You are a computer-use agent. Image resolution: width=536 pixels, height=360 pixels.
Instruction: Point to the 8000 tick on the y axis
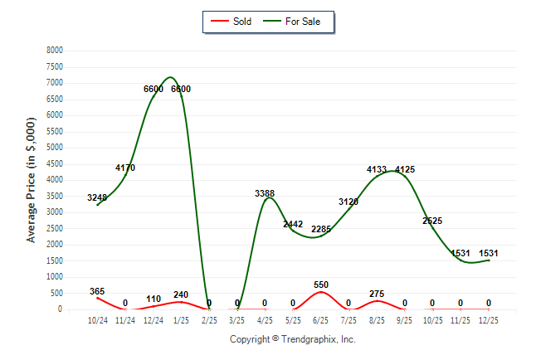tap(55, 51)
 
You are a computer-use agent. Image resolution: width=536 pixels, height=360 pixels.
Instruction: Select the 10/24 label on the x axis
tap(97, 319)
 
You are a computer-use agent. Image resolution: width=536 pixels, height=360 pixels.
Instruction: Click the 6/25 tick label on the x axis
tap(321, 319)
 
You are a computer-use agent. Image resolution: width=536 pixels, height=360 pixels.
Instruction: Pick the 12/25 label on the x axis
tap(489, 319)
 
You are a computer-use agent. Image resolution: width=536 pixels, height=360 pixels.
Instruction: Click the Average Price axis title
tap(32, 179)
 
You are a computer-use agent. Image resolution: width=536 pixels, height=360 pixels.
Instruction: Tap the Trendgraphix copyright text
tap(292, 339)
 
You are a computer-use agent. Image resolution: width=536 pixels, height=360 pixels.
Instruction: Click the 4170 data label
tap(125, 168)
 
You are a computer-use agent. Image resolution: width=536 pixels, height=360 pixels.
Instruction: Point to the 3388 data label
tap(265, 193)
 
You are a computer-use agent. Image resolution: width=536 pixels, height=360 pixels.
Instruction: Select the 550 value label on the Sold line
tap(321, 285)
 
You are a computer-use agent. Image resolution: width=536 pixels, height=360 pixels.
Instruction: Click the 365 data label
tap(97, 291)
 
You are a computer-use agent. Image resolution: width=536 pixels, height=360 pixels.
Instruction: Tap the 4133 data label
tap(377, 169)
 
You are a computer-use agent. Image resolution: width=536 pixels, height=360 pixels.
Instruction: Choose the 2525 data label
tap(433, 221)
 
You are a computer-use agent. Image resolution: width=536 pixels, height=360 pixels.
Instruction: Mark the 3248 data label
tap(97, 197)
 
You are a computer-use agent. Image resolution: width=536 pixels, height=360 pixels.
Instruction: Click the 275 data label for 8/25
tap(377, 294)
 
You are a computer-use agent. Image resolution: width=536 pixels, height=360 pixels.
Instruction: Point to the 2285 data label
tap(321, 229)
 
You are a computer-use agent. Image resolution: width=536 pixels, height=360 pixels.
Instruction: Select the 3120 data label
tap(348, 202)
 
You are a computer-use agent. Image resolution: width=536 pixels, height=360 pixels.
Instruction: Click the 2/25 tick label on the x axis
tap(209, 319)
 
